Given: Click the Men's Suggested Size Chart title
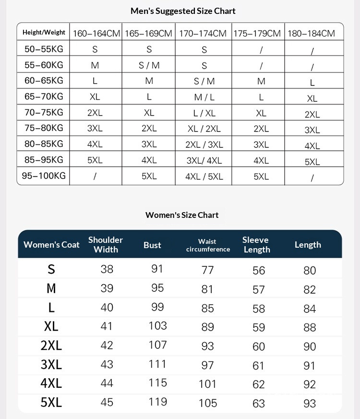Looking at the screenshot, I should (183, 11).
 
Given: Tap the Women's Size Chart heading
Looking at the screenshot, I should (182, 215).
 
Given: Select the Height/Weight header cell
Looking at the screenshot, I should (44, 33).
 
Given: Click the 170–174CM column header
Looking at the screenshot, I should (203, 34).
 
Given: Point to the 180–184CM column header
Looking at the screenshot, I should (311, 34).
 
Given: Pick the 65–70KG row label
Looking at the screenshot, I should (44, 96).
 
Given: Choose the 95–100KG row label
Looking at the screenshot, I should (44, 176).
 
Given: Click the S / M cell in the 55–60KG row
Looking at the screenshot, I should (149, 65).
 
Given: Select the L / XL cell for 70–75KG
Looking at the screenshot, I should (204, 113).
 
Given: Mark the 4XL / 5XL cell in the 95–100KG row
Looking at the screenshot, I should (204, 177).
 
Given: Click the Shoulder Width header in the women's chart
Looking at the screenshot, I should (106, 244).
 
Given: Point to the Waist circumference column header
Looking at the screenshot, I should (208, 245).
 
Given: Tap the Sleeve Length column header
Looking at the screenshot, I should (256, 244).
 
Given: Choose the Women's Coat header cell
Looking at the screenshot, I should (51, 245).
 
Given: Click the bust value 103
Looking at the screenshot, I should (157, 326).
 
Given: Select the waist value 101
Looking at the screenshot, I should (207, 384).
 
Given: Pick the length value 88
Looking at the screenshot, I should (310, 327).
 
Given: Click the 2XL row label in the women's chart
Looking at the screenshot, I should (51, 346).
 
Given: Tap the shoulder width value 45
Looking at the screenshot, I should (107, 402).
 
